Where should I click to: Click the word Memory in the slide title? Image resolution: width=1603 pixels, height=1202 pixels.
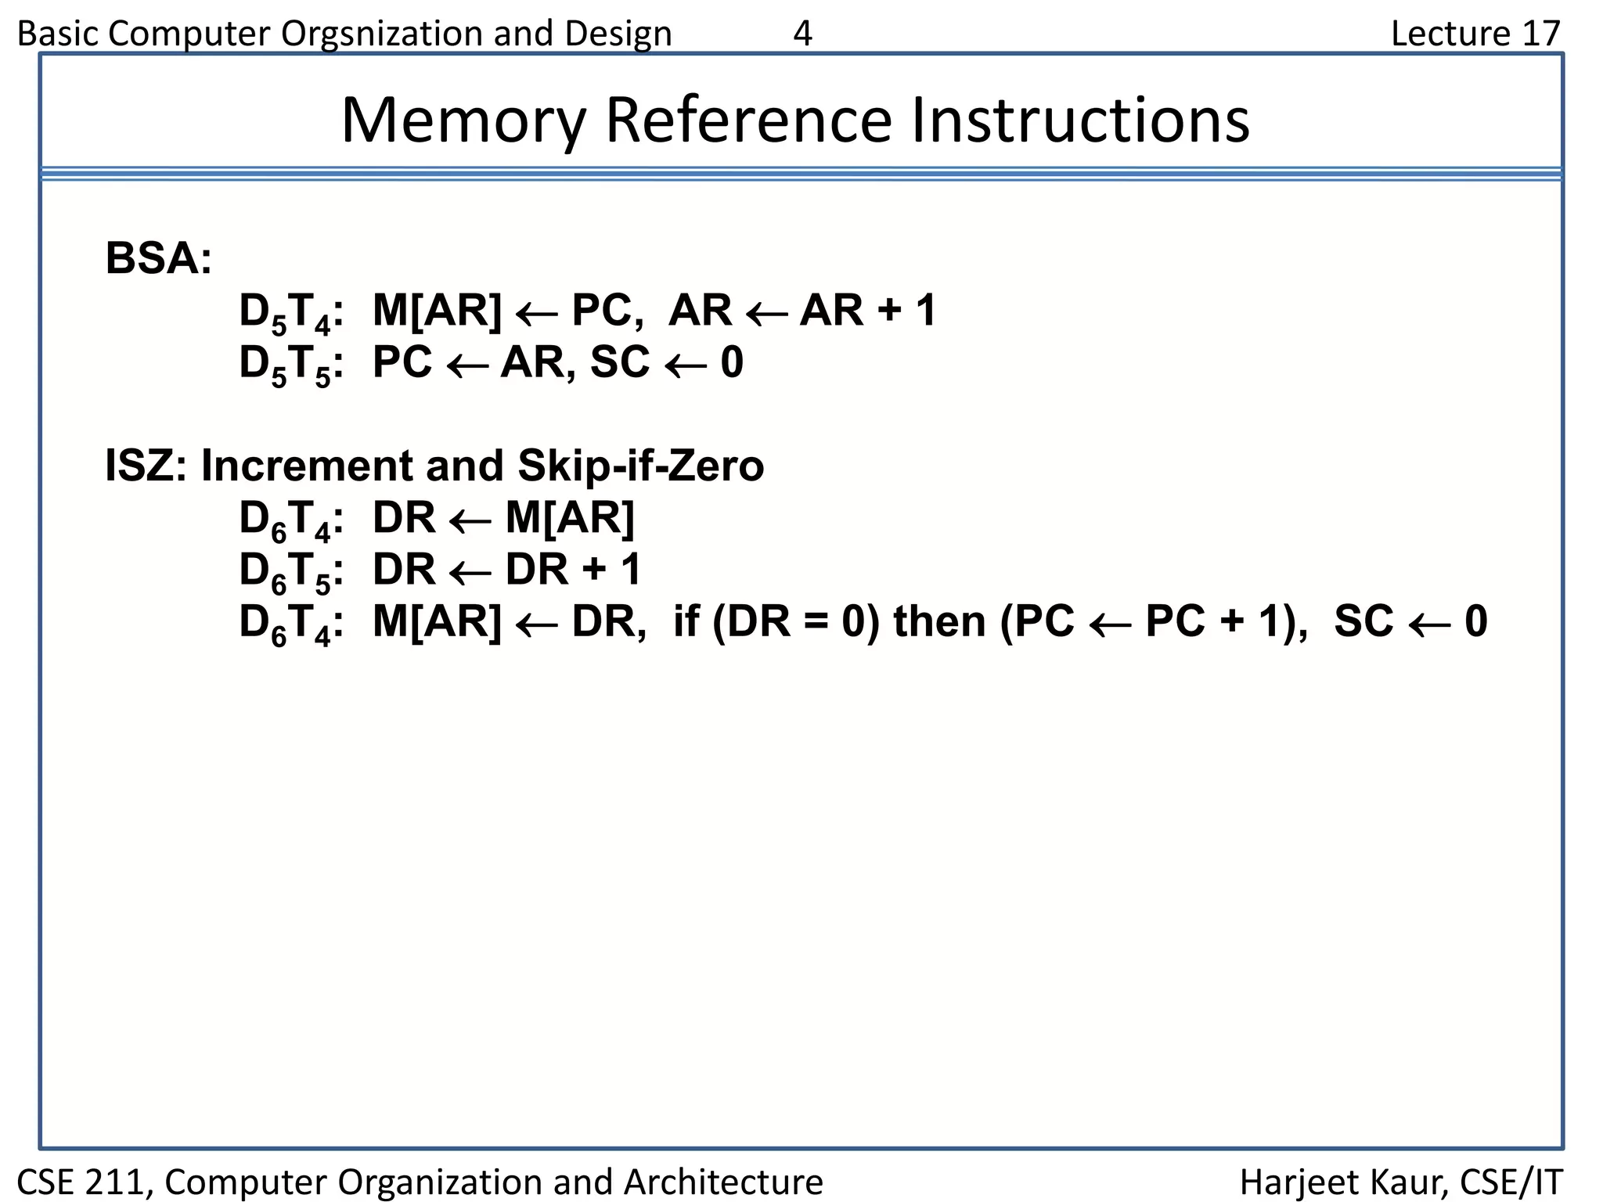(x=463, y=121)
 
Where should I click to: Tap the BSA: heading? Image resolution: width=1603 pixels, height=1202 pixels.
(x=158, y=258)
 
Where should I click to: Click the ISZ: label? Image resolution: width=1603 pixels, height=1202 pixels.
(x=146, y=466)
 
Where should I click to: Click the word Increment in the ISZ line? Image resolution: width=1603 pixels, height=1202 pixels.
(x=306, y=466)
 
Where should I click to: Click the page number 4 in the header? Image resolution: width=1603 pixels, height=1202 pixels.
(x=802, y=34)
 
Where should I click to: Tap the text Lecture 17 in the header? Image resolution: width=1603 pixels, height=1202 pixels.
(x=1475, y=34)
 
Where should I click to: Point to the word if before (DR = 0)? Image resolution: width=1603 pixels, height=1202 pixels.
(x=686, y=622)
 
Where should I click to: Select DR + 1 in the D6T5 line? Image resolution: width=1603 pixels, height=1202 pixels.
(x=573, y=570)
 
